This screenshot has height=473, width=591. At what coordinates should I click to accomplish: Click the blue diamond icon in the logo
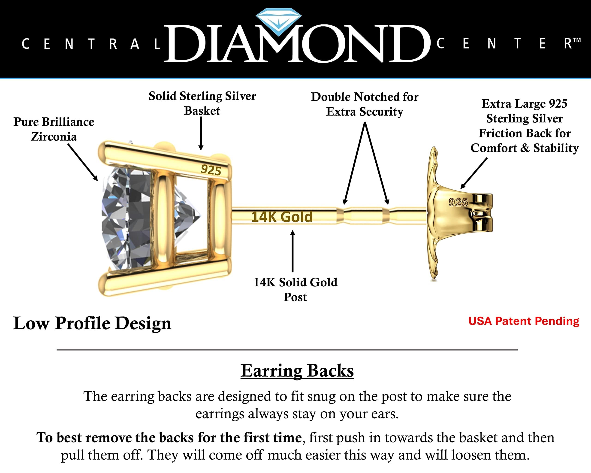(278, 22)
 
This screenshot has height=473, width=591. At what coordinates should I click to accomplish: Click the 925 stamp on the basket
(211, 170)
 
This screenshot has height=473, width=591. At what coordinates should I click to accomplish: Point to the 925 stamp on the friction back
(458, 202)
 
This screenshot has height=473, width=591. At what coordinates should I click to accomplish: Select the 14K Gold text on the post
(282, 217)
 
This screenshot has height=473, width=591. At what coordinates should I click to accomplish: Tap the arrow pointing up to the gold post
(293, 251)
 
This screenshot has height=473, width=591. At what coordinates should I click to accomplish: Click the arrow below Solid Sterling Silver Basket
(201, 134)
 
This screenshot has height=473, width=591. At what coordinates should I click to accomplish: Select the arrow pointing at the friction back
(474, 173)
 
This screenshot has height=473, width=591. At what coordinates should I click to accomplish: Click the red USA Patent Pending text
(524, 321)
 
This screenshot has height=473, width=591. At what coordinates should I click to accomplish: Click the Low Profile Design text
(92, 323)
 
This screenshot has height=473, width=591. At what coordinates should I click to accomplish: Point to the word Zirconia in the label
(54, 136)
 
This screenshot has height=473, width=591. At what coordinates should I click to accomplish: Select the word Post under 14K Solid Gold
(295, 297)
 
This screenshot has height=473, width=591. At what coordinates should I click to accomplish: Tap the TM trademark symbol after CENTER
(577, 40)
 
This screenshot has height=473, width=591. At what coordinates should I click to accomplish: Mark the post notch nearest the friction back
(386, 215)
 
